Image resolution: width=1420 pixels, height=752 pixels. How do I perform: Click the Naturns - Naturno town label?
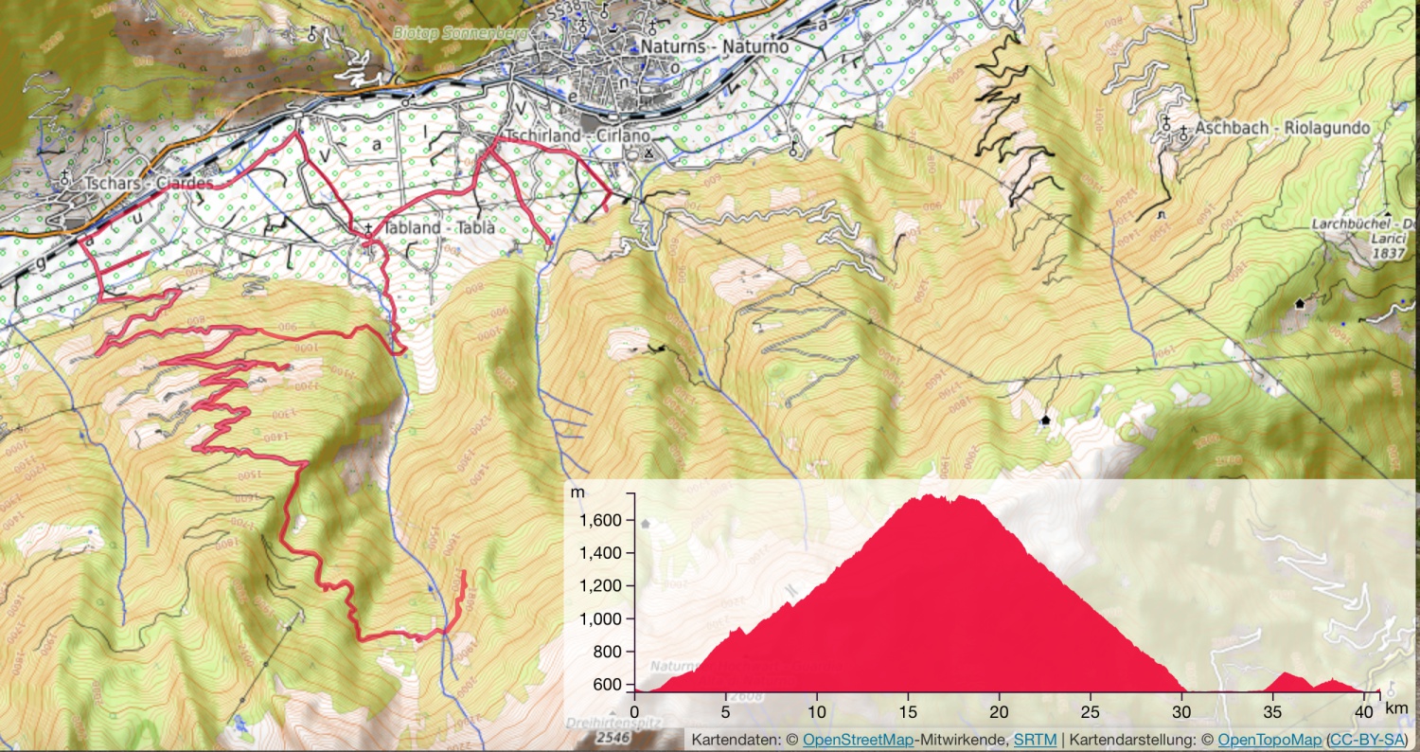coord(714,45)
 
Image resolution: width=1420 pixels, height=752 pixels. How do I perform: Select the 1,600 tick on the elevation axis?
coord(602,520)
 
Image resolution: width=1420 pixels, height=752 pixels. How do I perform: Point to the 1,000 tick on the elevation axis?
coord(602,618)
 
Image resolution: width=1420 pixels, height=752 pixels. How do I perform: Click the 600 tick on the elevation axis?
coord(609,684)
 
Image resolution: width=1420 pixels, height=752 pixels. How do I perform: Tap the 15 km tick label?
coord(908,710)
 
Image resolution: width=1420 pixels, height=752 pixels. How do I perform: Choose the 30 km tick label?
coord(1181,710)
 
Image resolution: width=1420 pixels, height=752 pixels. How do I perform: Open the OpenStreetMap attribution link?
coord(858,739)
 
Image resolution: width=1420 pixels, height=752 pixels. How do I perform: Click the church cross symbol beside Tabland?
coord(368,228)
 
